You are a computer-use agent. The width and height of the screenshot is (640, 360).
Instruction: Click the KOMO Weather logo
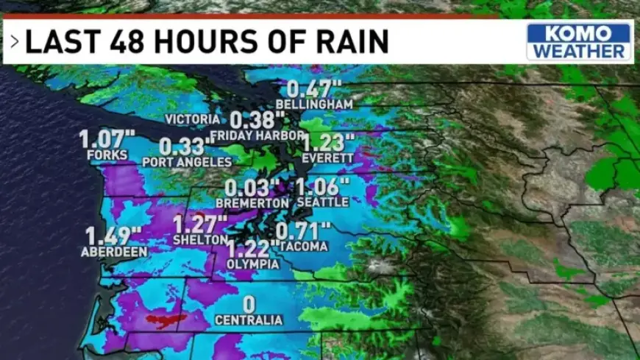tap(579, 41)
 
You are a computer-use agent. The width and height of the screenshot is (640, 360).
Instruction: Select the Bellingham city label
tap(315, 105)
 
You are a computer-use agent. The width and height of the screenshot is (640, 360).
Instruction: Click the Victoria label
tap(191, 119)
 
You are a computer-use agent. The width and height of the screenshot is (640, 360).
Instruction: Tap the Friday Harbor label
tap(257, 135)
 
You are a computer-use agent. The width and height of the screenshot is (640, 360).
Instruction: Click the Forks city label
tap(107, 155)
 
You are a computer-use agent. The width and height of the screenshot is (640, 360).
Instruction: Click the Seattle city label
tap(323, 202)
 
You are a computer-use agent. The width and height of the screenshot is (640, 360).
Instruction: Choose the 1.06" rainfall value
tap(323, 186)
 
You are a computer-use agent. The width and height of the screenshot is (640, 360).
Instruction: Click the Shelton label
tap(201, 239)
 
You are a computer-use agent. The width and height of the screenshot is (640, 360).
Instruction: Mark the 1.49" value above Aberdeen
tap(113, 236)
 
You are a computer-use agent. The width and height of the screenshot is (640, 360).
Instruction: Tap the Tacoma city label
tap(302, 246)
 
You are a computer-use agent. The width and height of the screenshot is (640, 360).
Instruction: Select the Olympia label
tap(253, 264)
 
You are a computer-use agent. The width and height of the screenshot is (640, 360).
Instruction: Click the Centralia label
tap(249, 320)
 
